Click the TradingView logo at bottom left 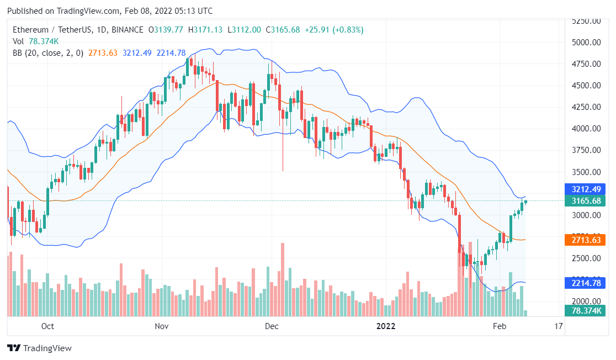pyautogui.click(x=39, y=348)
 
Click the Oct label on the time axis pyautogui.click(x=47, y=326)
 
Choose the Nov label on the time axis pyautogui.click(x=161, y=326)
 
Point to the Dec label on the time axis pyautogui.click(x=272, y=326)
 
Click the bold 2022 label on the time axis pyautogui.click(x=386, y=326)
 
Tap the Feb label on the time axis pyautogui.click(x=499, y=326)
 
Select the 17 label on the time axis pyautogui.click(x=558, y=326)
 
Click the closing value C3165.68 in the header pyautogui.click(x=284, y=30)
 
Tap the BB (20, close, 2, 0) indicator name pyautogui.click(x=48, y=53)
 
